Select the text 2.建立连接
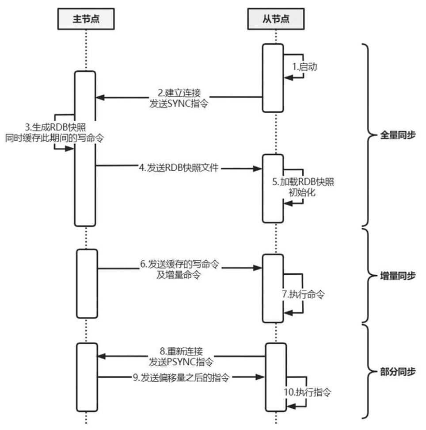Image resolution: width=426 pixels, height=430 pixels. (x=179, y=94)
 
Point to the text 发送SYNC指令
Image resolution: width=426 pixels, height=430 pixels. (x=179, y=104)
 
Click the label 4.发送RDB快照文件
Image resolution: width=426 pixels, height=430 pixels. (x=179, y=168)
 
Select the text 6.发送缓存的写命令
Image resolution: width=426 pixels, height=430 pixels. (x=179, y=264)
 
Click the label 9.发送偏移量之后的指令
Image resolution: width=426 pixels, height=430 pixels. (x=180, y=377)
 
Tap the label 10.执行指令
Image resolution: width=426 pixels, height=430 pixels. (x=308, y=392)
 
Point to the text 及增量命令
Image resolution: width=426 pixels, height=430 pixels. (x=179, y=274)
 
